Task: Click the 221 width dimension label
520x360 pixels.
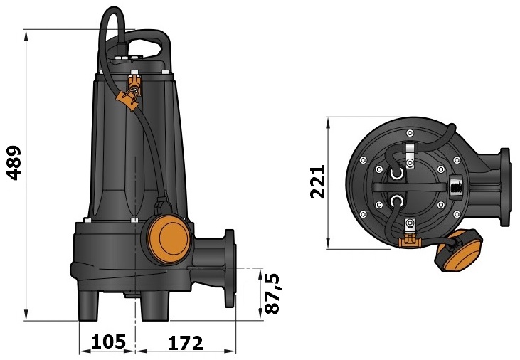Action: pos(317,182)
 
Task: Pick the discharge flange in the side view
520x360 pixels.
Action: pos(229,268)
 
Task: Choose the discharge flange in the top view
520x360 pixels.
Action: pos(504,188)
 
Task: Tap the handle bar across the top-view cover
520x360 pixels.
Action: pos(413,187)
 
